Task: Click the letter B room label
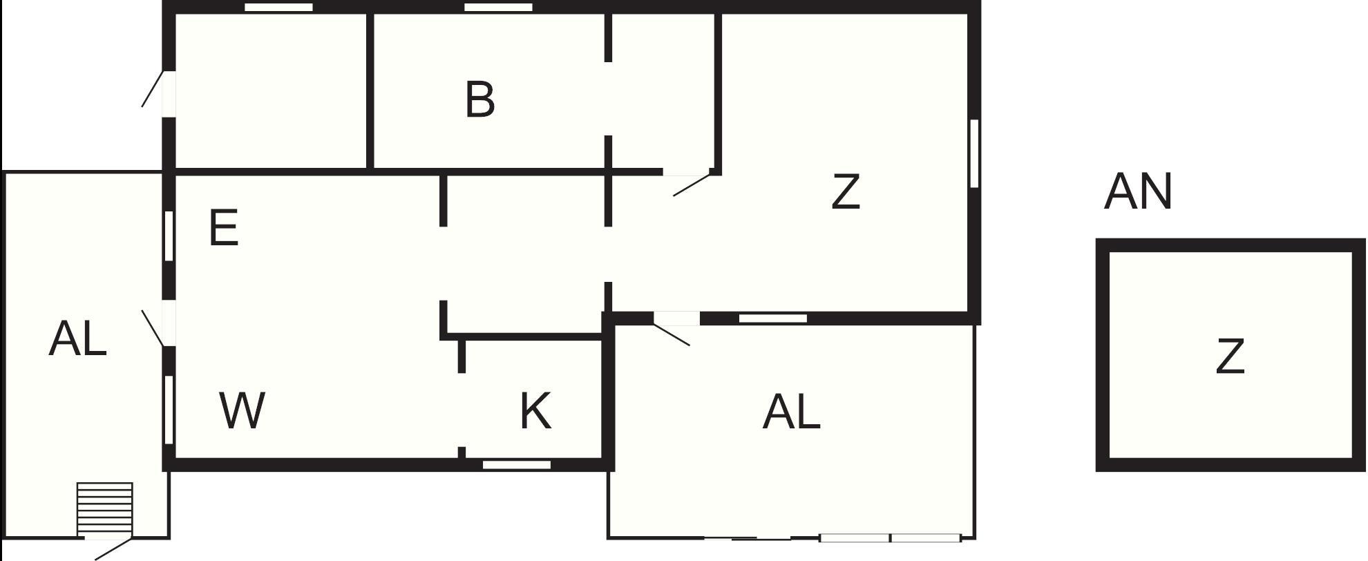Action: tap(480, 99)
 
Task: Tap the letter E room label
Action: tap(223, 228)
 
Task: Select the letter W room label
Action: tap(243, 410)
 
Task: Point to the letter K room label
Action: tap(535, 410)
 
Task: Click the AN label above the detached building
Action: tap(1138, 191)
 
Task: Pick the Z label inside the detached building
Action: tap(1230, 356)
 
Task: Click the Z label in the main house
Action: tap(846, 191)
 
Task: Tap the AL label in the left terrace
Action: tap(77, 339)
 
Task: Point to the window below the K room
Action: tap(517, 464)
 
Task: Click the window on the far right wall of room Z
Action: tap(974, 153)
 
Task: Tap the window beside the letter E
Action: tap(169, 236)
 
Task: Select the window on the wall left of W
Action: tap(169, 409)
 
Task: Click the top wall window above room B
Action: tap(498, 8)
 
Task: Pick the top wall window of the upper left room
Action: tap(279, 8)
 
